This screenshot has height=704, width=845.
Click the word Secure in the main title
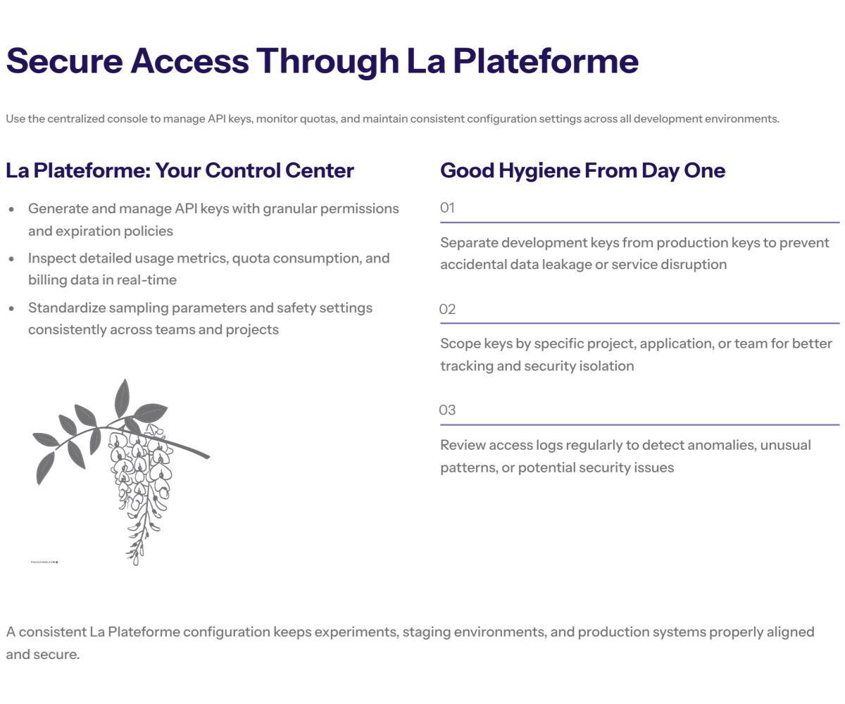(64, 61)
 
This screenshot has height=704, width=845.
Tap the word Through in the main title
(328, 62)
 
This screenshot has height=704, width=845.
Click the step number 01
(447, 208)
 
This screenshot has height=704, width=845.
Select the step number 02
(447, 309)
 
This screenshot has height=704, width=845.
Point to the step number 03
(447, 410)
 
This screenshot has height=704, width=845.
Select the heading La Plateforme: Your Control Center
(180, 170)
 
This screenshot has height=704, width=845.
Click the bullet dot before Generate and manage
(11, 209)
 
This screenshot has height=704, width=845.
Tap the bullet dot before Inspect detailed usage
(11, 259)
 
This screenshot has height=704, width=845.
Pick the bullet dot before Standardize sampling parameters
(11, 309)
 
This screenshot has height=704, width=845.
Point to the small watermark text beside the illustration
(44, 562)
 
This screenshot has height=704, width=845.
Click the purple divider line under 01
(640, 222)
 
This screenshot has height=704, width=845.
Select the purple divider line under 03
(640, 425)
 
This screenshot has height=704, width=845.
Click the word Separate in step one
(469, 243)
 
